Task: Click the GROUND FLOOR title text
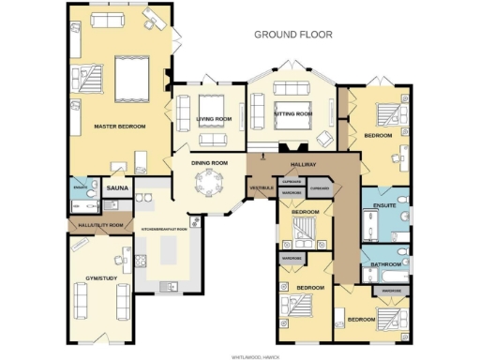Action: click(x=294, y=35)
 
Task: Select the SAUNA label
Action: click(x=117, y=188)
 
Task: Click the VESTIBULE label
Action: click(x=260, y=187)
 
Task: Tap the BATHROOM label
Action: click(x=386, y=265)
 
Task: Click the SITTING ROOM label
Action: click(x=292, y=113)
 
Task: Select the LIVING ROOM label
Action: click(x=214, y=119)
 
